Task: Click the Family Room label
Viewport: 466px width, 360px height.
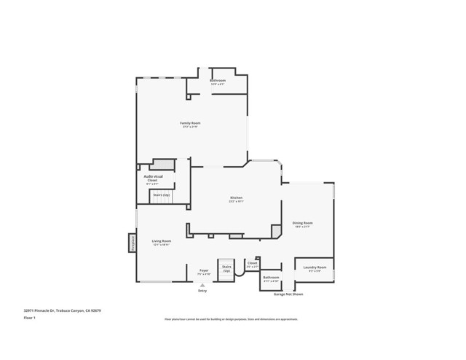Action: coord(191,123)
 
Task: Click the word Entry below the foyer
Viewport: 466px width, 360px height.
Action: coord(202,291)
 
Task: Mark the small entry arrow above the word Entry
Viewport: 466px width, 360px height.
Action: coord(202,285)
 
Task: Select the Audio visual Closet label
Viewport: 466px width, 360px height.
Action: coord(153,178)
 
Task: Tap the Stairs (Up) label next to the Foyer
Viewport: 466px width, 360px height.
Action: coord(227,268)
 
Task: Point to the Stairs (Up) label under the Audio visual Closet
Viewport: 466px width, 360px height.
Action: coord(161,195)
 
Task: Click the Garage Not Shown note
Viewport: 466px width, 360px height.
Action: coord(288,294)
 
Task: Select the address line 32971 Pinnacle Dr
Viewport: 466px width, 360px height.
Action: coord(62,310)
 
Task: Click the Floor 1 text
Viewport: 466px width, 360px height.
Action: coord(30,318)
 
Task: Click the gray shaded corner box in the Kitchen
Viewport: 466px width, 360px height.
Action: coord(276,231)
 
